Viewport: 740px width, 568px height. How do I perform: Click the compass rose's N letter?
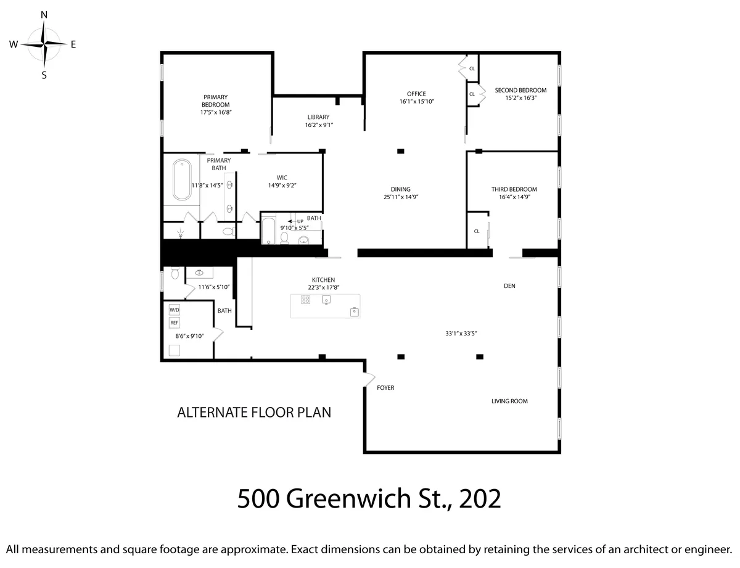point(44,14)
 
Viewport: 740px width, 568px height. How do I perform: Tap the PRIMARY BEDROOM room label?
point(215,101)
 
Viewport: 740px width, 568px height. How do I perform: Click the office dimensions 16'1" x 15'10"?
point(417,101)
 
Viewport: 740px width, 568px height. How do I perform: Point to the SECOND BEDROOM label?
point(520,90)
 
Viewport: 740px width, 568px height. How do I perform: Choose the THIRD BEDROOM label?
point(514,189)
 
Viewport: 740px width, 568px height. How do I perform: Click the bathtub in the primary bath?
point(181,179)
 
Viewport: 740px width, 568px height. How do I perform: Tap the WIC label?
point(282,178)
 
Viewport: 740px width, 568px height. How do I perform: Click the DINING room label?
point(400,189)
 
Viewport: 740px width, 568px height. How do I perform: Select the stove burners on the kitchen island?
point(305,300)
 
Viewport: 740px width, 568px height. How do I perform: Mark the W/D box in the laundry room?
point(174,310)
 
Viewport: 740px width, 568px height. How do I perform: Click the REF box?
point(174,323)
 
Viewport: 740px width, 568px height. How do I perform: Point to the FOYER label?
point(385,388)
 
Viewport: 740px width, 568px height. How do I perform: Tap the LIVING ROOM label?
point(509,401)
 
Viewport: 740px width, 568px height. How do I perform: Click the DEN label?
point(509,286)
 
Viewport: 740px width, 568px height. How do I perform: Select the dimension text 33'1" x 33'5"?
point(461,333)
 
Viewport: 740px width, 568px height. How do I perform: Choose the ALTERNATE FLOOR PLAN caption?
point(254,413)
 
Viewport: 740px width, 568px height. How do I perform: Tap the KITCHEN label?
point(323,280)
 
